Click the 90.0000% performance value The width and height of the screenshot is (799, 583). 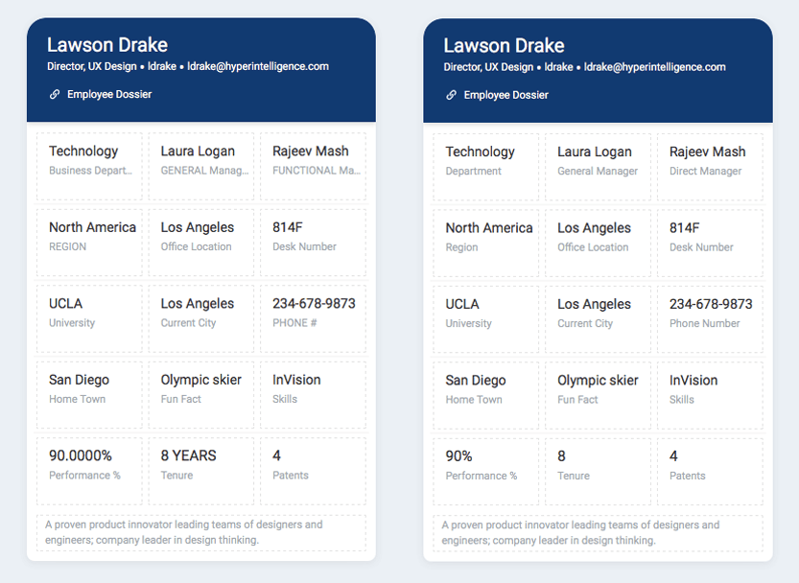(81, 455)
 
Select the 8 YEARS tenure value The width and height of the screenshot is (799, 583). (188, 455)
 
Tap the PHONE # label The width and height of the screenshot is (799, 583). (294, 323)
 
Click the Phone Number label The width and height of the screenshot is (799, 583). (704, 323)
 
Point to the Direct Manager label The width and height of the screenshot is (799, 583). (705, 171)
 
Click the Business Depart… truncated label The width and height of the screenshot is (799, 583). (90, 171)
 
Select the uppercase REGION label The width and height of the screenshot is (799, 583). (68, 246)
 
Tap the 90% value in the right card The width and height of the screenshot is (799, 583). (458, 456)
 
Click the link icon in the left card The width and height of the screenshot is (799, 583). (55, 95)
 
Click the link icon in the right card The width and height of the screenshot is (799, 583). (451, 95)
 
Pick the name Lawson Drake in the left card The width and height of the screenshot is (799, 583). (107, 45)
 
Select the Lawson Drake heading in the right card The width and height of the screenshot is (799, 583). (504, 45)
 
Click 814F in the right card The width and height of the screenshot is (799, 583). (684, 228)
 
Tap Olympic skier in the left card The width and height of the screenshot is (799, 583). (200, 380)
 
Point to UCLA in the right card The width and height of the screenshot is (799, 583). (462, 304)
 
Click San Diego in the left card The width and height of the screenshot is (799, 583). (79, 380)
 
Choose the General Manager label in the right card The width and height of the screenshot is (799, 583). (598, 171)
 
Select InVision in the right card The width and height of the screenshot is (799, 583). (693, 380)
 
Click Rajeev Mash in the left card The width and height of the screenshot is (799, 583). (311, 152)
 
